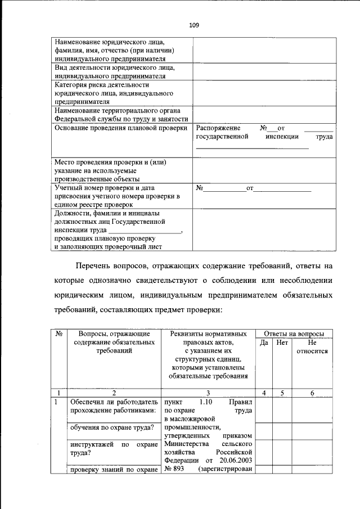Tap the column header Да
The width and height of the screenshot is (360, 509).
click(x=264, y=342)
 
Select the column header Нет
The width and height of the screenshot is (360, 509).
click(x=283, y=342)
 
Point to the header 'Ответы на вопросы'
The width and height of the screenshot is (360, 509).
click(x=293, y=334)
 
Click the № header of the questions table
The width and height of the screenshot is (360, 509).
click(x=58, y=334)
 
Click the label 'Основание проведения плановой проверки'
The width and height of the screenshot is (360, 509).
click(x=120, y=128)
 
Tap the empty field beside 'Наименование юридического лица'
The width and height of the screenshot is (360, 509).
click(x=264, y=50)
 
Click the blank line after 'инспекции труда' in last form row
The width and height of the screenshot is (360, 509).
click(x=145, y=231)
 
